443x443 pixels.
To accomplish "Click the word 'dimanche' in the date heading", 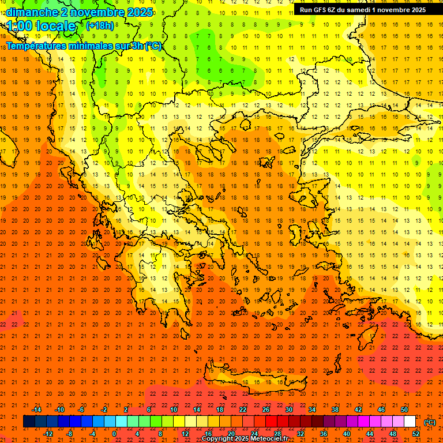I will pos(32,12).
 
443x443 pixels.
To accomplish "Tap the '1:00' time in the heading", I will pos(20,26).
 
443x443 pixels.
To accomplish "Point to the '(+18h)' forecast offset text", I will pos(100,25).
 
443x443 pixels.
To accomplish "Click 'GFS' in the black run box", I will pos(320,10).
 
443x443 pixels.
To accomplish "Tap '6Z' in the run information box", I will pos(334,10).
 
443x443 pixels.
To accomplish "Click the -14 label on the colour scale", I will pos(36,409).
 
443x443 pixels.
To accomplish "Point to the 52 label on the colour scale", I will pos(415,434).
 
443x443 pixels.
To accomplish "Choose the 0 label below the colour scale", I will pos(114,434).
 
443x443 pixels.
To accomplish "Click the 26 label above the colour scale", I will pos(266,409).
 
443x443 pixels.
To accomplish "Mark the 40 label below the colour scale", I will pos(346,434).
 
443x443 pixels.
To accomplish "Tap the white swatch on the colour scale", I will pos(410,422).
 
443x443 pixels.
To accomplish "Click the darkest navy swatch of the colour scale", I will pos(29,422).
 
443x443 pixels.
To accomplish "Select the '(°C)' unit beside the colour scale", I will pos(430,422).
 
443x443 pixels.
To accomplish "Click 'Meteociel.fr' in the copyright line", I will pos(269,439).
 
